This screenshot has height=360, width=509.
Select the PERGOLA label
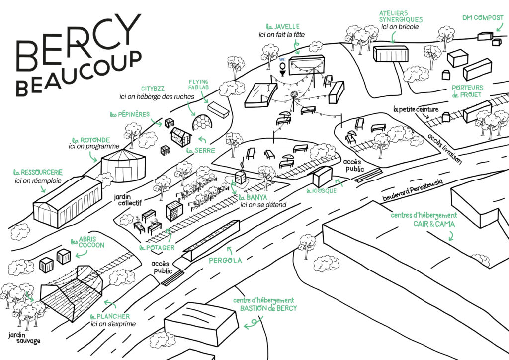coord(226,260)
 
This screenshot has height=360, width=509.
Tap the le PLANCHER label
coord(110,317)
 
